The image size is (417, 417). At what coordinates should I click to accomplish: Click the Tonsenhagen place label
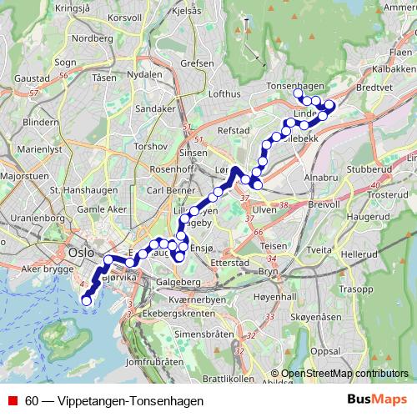coord(295,86)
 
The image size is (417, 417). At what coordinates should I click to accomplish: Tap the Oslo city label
coord(82,251)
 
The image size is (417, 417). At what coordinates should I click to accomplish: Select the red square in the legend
coord(13,401)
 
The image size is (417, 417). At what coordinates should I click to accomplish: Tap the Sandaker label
coord(155,108)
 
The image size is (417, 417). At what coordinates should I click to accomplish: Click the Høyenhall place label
coord(275,296)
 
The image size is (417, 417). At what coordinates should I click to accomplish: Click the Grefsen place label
coord(197,63)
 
